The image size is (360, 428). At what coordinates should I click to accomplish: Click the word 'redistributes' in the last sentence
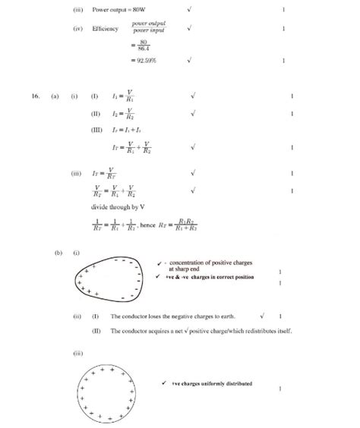pyautogui.click(x=266, y=331)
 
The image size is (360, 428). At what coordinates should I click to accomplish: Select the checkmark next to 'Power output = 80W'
pyautogui.click(x=189, y=11)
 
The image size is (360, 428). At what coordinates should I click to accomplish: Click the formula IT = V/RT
pyautogui.click(x=122, y=172)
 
